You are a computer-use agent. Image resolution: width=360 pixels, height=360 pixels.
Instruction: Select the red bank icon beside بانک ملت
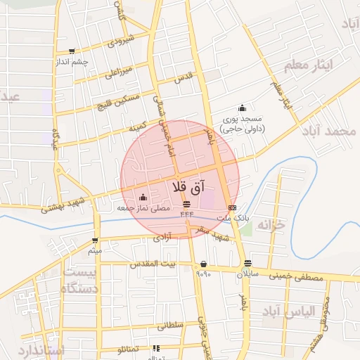pos(232,208)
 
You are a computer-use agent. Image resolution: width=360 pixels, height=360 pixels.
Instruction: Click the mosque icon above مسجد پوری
pos(243,108)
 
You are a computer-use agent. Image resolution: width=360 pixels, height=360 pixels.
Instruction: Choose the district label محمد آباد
pos(333,132)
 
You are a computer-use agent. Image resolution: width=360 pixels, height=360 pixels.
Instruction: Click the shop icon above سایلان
pos(246,263)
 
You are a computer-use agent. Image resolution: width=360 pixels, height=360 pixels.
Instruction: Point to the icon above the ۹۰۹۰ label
pos(203,264)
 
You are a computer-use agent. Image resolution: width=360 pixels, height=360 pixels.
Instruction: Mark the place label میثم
pos(95,250)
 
